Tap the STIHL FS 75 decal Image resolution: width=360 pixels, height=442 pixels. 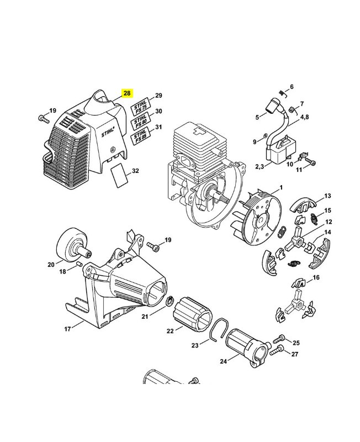139,106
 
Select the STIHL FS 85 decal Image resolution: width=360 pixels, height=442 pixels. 139,136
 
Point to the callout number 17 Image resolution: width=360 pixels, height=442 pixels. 68,329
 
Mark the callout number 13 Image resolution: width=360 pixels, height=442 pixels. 327,196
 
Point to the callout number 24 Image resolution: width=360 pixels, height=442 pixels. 224,362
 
